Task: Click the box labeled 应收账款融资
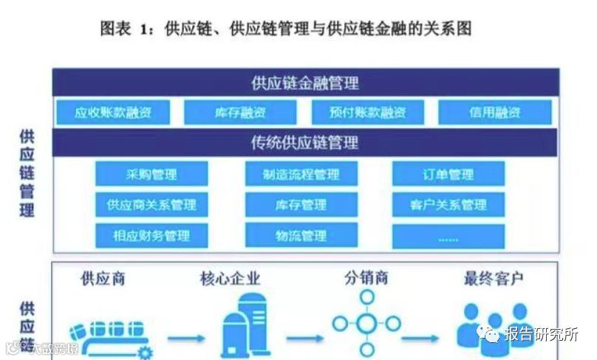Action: pyautogui.click(x=112, y=113)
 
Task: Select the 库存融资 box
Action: pyautogui.click(x=240, y=113)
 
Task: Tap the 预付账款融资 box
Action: pyautogui.click(x=369, y=113)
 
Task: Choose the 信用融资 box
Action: pyautogui.click(x=495, y=113)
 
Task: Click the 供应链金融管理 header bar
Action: pyautogui.click(x=304, y=83)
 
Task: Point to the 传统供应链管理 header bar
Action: pyautogui.click(x=304, y=142)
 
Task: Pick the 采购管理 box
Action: pyautogui.click(x=151, y=174)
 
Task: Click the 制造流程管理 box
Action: pyautogui.click(x=301, y=174)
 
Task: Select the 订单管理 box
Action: pyautogui.click(x=448, y=174)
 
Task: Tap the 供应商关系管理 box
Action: pyautogui.click(x=151, y=205)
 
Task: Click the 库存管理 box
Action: pyautogui.click(x=301, y=205)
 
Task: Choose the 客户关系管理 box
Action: pyautogui.click(x=448, y=205)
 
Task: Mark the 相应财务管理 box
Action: pyautogui.click(x=151, y=236)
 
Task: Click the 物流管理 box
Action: pyautogui.click(x=301, y=236)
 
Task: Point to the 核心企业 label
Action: pyautogui.click(x=231, y=279)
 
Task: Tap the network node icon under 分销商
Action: pyautogui.click(x=366, y=322)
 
